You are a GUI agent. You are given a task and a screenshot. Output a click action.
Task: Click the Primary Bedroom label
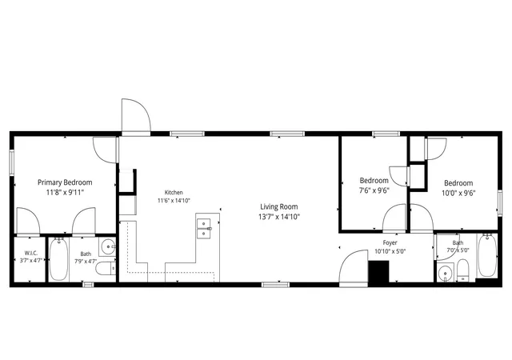click(x=65, y=182)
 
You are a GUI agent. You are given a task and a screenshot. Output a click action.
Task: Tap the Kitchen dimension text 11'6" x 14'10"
click(x=174, y=200)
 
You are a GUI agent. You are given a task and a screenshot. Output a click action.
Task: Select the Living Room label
click(x=279, y=206)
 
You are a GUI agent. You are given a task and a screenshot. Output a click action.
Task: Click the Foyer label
click(x=390, y=242)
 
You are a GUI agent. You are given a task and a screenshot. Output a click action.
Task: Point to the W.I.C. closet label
click(x=31, y=253)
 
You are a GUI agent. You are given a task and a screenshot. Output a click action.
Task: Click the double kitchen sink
click(x=205, y=229)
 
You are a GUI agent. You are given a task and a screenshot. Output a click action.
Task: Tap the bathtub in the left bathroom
click(x=58, y=259)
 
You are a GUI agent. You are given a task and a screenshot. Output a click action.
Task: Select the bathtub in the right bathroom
click(x=487, y=256)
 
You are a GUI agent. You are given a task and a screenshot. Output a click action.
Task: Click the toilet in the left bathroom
click(x=106, y=269)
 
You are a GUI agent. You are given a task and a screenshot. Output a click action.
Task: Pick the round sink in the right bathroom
click(x=445, y=273)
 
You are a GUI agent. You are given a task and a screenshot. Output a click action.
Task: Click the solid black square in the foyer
click(x=378, y=271)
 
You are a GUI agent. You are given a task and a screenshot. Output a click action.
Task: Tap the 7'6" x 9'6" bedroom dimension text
click(x=374, y=190)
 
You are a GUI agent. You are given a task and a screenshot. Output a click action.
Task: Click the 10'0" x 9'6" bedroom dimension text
click(x=458, y=193)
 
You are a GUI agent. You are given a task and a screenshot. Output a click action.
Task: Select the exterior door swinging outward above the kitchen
click(x=136, y=117)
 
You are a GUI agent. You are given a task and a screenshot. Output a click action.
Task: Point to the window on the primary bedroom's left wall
click(x=11, y=162)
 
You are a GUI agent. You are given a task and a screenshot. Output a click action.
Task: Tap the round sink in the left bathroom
click(x=108, y=246)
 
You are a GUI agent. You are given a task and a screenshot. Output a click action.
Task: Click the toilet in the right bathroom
click(x=462, y=270)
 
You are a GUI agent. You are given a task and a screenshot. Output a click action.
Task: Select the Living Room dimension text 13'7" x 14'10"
click(x=279, y=217)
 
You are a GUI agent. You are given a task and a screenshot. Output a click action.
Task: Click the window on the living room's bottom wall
click(x=275, y=285)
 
